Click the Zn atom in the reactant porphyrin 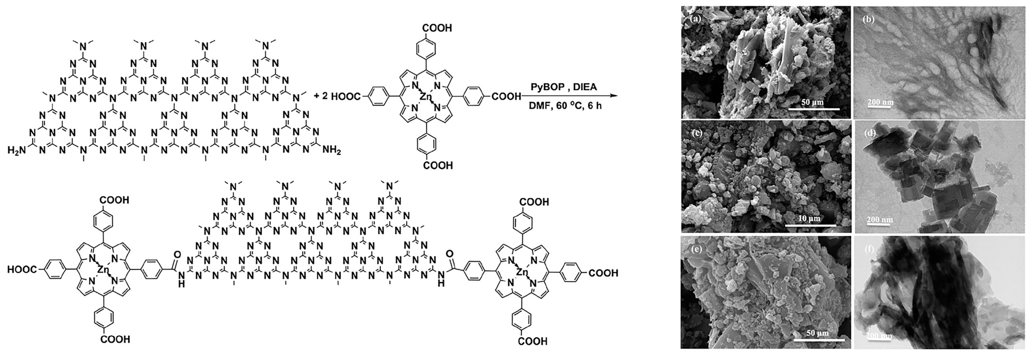click(x=425, y=96)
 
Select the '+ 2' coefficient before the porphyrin click(x=321, y=96)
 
